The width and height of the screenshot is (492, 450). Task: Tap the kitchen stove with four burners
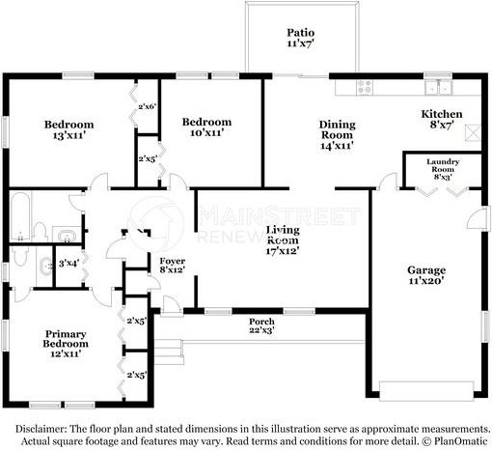(x=365, y=87)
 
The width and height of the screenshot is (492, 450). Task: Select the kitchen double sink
(x=438, y=87)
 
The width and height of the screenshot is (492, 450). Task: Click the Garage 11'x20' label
(x=426, y=275)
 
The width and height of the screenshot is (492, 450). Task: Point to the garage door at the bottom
(x=426, y=391)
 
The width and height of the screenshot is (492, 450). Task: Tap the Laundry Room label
(x=443, y=165)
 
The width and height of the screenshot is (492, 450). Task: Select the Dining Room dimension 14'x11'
(x=337, y=146)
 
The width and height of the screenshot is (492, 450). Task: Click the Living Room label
(x=283, y=235)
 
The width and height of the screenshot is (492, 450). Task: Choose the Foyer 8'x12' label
(x=173, y=266)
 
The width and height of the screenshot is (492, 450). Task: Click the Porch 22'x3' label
(x=261, y=325)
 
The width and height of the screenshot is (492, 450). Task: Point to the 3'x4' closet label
(x=68, y=264)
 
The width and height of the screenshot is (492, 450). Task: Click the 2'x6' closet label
(x=148, y=106)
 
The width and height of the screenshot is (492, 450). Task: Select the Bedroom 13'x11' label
(x=68, y=129)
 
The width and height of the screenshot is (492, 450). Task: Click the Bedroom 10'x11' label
(x=206, y=127)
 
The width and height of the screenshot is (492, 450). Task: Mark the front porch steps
(x=169, y=352)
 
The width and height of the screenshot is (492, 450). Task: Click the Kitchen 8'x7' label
(x=442, y=119)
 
